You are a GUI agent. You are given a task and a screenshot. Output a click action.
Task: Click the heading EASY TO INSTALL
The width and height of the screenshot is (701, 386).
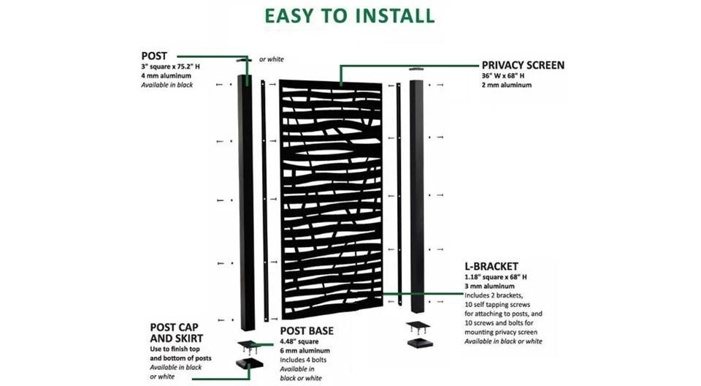pos(349,15)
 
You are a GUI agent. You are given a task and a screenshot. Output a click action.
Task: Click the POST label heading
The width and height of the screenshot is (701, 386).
pos(155,56)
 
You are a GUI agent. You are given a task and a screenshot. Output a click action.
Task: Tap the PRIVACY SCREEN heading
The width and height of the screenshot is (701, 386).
pos(523,65)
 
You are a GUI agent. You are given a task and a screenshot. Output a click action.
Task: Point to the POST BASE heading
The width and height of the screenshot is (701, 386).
pos(307,330)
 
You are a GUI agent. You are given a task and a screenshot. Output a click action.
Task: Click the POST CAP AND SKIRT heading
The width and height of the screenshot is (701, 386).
pos(177,333)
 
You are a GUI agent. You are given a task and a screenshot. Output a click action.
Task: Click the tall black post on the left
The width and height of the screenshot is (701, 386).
pos(246,205)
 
